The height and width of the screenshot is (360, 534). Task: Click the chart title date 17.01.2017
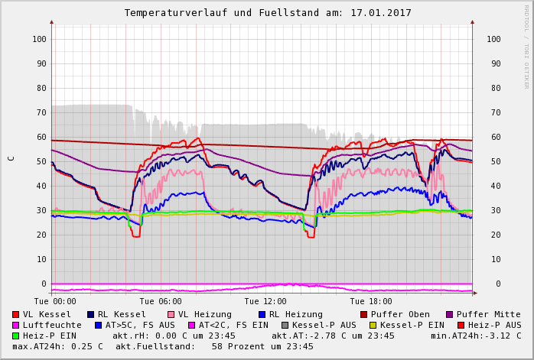(x=383, y=13)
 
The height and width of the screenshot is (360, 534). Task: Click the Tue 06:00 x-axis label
(x=161, y=302)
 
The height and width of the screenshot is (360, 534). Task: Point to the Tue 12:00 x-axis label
(x=265, y=302)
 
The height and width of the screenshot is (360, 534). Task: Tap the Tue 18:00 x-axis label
(x=370, y=302)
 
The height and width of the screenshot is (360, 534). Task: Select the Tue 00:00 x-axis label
(x=55, y=302)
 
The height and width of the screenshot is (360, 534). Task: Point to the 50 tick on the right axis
(x=493, y=161)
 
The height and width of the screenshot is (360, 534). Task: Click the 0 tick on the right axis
(x=497, y=284)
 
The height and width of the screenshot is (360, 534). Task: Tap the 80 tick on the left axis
(x=42, y=88)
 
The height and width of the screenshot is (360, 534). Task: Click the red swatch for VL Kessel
(x=16, y=315)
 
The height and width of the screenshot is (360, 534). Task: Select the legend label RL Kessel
(x=122, y=314)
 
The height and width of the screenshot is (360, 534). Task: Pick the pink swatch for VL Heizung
(x=171, y=315)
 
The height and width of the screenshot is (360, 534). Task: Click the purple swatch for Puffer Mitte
(x=450, y=315)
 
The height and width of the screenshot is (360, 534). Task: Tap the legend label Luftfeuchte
(x=52, y=325)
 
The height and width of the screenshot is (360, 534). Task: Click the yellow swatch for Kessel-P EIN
(x=373, y=326)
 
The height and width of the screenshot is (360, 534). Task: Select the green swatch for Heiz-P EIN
(x=16, y=336)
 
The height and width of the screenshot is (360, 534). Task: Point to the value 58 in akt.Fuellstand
(x=217, y=346)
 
